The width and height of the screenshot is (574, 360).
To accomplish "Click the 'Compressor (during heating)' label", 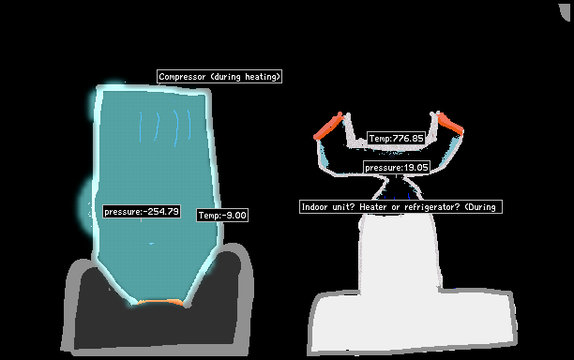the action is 219,77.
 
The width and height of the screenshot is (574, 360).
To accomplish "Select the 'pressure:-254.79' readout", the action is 142,212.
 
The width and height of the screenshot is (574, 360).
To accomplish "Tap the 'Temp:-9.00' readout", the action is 222,215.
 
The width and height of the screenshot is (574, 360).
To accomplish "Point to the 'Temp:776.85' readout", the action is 397,139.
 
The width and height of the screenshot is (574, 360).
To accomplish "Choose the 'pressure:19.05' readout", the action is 397,168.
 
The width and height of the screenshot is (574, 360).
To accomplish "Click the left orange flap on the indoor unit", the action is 328,127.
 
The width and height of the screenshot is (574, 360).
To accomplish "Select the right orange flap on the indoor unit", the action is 450,123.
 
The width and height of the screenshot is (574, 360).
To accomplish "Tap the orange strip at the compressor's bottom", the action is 160,302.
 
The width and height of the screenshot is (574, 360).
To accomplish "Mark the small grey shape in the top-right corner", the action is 566,11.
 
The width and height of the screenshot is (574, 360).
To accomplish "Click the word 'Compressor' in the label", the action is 182,77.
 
